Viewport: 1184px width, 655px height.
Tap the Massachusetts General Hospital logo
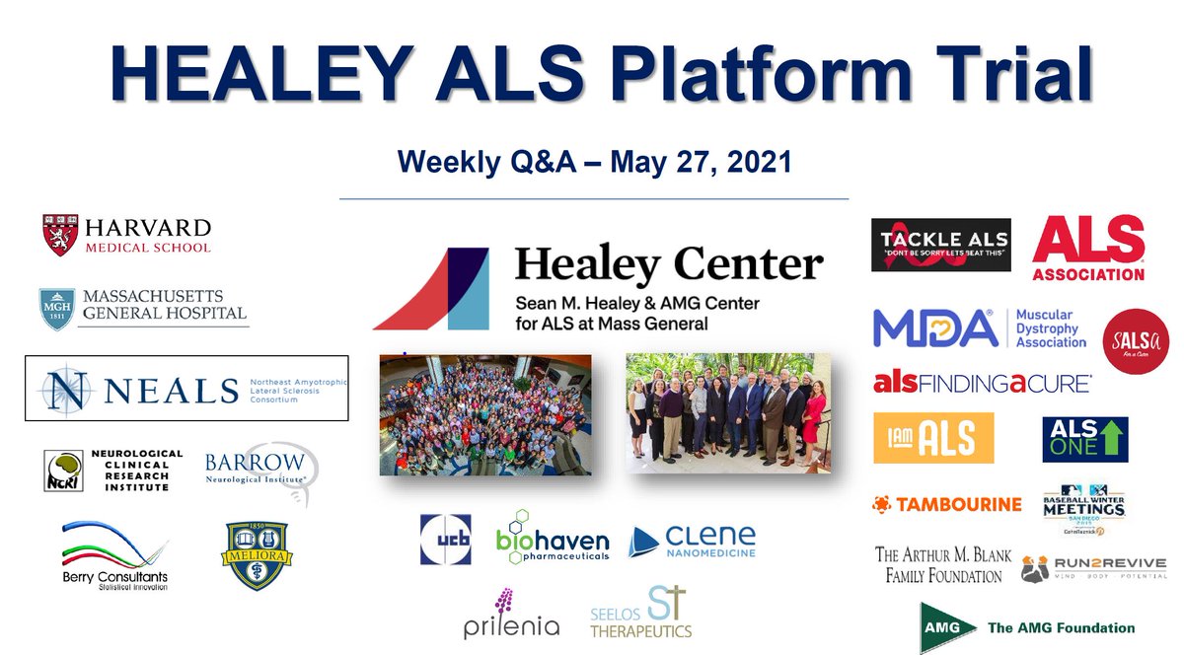pos(142,307)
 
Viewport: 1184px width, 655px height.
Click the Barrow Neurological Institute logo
pos(259,471)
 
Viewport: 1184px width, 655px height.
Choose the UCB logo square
pos(445,540)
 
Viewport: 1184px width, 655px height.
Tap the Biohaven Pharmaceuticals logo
pos(552,540)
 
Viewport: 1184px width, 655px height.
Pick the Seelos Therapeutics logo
pos(641,612)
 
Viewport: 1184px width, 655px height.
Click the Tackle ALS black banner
pos(941,245)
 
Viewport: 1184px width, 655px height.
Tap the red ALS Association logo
pos(1088,248)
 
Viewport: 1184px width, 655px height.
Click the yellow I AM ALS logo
pos(932,438)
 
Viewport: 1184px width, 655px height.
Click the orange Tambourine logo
pos(946,504)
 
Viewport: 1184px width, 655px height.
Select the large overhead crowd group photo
pos(485,414)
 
